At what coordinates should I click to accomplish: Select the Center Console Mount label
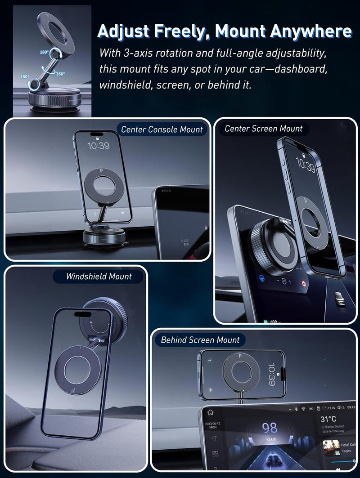point(162,130)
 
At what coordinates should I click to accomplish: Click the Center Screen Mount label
point(264,129)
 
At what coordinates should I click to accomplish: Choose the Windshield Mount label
point(99,276)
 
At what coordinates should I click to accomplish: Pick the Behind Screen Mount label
point(200,340)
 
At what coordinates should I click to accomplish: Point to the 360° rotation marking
point(60,74)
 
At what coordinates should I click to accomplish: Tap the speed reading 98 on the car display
point(270,428)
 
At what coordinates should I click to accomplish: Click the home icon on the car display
point(210,412)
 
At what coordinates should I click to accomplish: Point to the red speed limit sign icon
point(304,284)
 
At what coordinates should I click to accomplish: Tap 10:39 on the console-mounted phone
point(98,146)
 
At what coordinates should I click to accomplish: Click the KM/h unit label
point(270,439)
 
